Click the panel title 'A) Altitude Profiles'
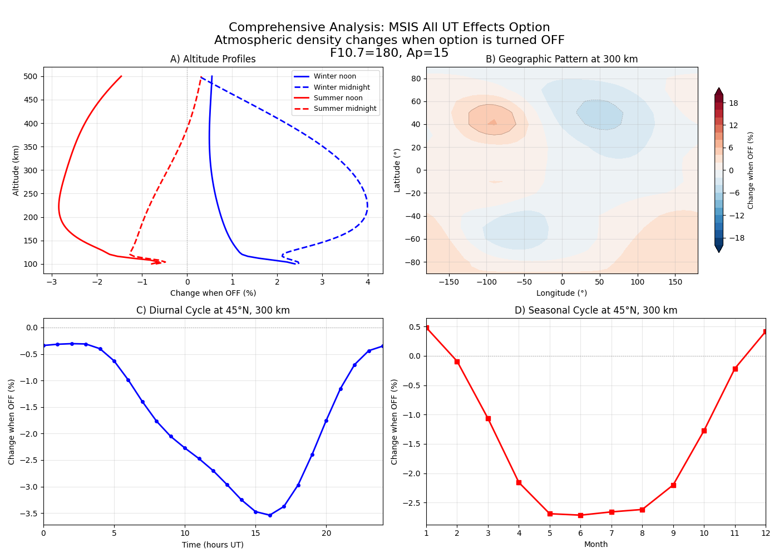click(213, 59)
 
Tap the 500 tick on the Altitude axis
click(30, 76)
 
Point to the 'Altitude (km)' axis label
click(16, 170)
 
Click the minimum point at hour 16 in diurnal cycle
click(270, 515)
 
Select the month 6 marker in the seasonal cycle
click(580, 515)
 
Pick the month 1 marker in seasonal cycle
click(427, 328)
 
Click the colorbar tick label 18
click(733, 103)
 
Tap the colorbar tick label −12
click(736, 216)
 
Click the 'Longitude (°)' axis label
click(561, 293)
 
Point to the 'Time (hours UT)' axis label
click(213, 545)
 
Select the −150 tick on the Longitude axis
click(448, 282)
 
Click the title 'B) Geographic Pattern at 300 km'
click(561, 59)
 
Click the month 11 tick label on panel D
click(735, 533)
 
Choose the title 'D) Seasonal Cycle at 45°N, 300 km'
click(595, 310)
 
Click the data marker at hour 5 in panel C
click(114, 361)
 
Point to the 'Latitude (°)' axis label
click(397, 170)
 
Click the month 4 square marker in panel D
click(519, 482)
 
